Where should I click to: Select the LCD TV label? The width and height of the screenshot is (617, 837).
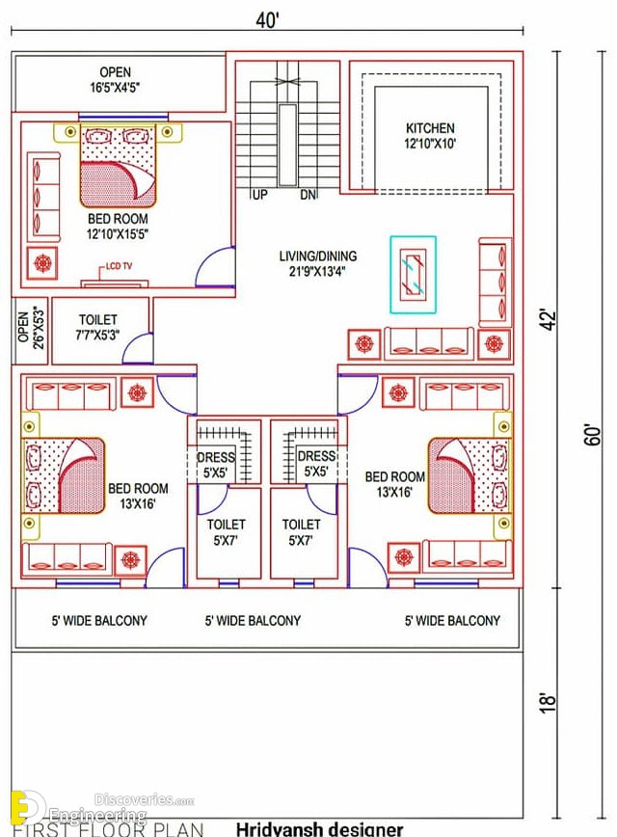tap(119, 266)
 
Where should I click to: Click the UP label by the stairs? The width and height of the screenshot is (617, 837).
tap(259, 195)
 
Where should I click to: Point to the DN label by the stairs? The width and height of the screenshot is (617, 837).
tap(308, 195)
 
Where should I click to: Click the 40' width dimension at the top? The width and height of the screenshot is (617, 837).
tap(267, 20)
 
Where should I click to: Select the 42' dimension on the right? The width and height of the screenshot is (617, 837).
tap(549, 319)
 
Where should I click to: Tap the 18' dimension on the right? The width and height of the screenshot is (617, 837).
tap(549, 702)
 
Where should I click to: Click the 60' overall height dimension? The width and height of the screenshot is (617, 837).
tap(593, 435)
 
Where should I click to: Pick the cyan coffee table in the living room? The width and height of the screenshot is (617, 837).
tap(414, 275)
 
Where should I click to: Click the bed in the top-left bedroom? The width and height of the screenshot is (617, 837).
tap(118, 166)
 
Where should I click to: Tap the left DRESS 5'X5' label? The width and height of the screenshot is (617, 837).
tap(215, 465)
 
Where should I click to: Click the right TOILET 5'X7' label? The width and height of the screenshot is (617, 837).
tap(301, 532)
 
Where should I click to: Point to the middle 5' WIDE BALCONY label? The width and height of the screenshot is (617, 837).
tap(253, 620)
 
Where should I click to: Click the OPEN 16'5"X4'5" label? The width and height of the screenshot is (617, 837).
tap(116, 79)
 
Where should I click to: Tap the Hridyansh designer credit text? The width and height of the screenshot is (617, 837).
tap(320, 829)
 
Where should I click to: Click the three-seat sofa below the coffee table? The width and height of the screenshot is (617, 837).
tap(429, 342)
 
